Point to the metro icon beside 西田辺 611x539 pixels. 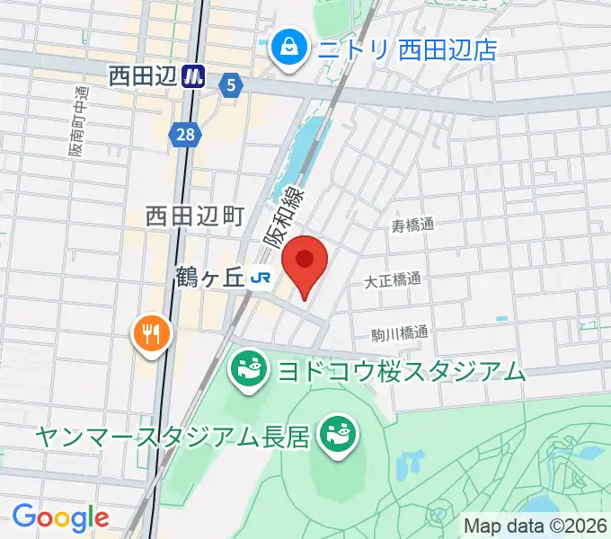[x=193, y=77]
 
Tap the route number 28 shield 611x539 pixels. [x=183, y=134]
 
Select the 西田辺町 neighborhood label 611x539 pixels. [x=196, y=216]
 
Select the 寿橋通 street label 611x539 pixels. [x=413, y=225]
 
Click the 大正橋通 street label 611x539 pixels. [x=393, y=279]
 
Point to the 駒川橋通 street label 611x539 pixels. [x=400, y=333]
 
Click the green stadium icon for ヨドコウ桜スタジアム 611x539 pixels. [x=247, y=369]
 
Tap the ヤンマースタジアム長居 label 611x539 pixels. [x=173, y=437]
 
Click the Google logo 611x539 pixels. [x=60, y=517]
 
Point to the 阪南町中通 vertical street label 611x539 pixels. [x=80, y=120]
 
